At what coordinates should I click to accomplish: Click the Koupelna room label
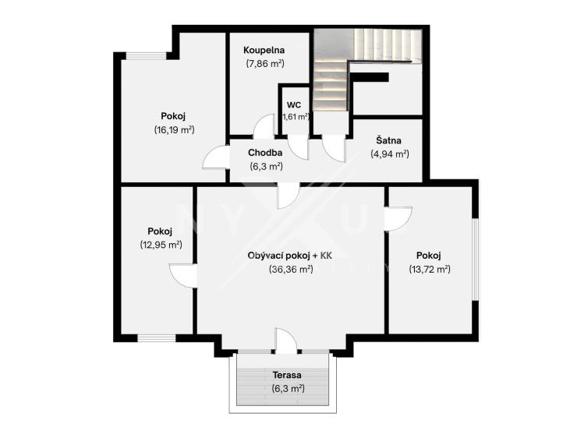(x=264, y=50)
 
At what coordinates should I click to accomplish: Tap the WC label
(x=294, y=105)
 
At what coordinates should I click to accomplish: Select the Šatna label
(x=388, y=140)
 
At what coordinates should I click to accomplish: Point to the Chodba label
(x=265, y=153)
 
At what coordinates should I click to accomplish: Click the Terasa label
(x=287, y=375)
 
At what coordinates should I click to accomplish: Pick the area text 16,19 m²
(x=175, y=130)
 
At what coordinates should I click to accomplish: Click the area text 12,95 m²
(x=161, y=245)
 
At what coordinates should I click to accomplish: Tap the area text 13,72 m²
(x=430, y=269)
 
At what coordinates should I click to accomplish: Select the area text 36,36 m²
(x=291, y=270)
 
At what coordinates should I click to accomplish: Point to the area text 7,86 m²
(x=265, y=64)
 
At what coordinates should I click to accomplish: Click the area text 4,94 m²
(x=390, y=154)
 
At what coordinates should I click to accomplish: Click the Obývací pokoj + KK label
(x=290, y=256)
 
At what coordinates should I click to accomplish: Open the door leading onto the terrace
(x=286, y=341)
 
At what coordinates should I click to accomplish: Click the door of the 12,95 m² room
(x=183, y=275)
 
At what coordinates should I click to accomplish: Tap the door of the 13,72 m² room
(x=398, y=218)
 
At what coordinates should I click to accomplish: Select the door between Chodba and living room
(x=288, y=196)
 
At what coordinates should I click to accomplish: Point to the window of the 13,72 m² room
(x=476, y=259)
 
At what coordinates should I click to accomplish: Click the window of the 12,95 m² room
(x=157, y=338)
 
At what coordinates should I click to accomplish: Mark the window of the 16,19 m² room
(x=146, y=56)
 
